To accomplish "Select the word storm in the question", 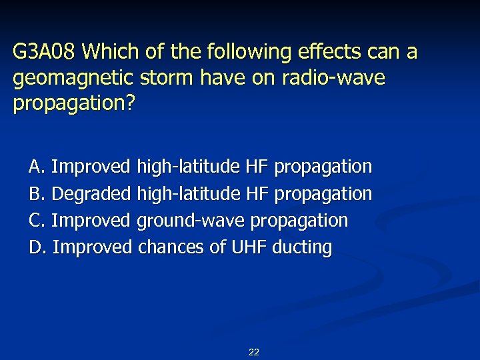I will pyautogui.click(x=165, y=78).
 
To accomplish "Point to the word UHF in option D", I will pyautogui.click(x=249, y=247).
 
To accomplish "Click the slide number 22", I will pyautogui.click(x=253, y=352).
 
